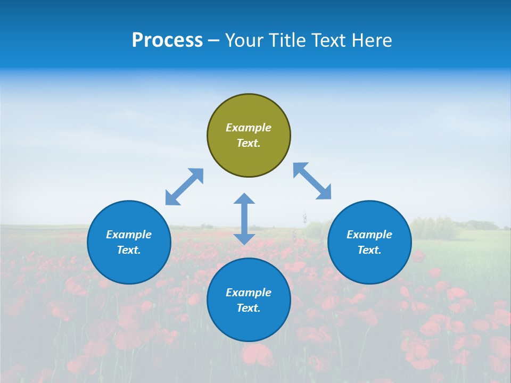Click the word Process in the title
click(167, 40)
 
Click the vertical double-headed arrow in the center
click(244, 219)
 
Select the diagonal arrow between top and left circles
click(184, 187)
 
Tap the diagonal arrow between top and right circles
click(312, 181)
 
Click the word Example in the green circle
click(249, 128)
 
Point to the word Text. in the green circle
click(249, 143)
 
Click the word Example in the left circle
click(129, 235)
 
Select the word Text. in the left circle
click(129, 250)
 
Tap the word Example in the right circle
click(369, 235)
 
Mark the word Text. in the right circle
click(369, 250)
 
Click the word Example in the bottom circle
click(249, 293)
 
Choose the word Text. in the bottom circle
click(249, 308)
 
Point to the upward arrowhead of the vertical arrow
click(244, 198)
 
